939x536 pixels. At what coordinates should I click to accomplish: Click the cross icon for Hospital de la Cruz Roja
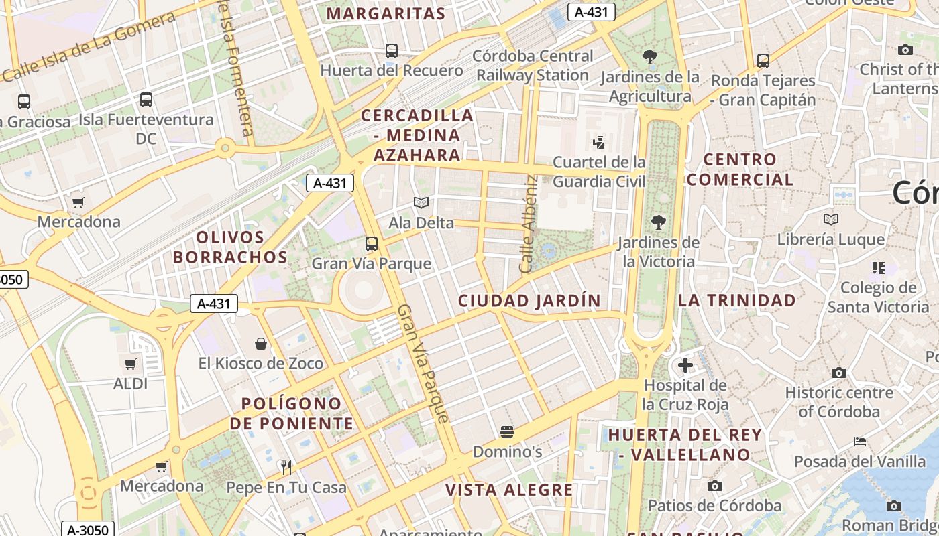pos(685,365)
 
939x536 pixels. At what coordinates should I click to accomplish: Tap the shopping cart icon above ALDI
pos(131,364)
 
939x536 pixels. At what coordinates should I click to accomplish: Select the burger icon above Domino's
pos(507,431)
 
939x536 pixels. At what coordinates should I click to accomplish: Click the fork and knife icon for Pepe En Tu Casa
pos(286,467)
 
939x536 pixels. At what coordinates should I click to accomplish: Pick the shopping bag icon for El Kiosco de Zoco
pos(261,344)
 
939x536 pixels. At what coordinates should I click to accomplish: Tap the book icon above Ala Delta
pos(421,202)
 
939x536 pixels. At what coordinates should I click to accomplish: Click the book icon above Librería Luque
pos(831,219)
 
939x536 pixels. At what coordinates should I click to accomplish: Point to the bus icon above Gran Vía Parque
pos(372,244)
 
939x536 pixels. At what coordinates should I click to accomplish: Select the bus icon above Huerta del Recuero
pos(392,51)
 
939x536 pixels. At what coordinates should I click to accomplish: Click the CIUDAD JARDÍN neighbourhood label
pos(529,301)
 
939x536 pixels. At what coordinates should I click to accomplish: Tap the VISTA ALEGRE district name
pos(509,490)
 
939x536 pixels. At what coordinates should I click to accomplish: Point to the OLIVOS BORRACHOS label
pos(231,247)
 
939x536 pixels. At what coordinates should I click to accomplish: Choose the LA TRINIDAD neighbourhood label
pos(736,300)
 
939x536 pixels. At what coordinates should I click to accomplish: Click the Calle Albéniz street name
pos(529,224)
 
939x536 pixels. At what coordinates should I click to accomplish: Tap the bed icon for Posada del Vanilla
pos(860,442)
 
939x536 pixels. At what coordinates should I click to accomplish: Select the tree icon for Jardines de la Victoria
pos(659,222)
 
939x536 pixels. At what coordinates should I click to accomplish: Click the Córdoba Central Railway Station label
pos(533,66)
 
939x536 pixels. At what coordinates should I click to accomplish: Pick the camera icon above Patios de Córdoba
pos(715,486)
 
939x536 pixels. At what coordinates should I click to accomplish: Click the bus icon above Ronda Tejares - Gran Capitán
pos(763,61)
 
